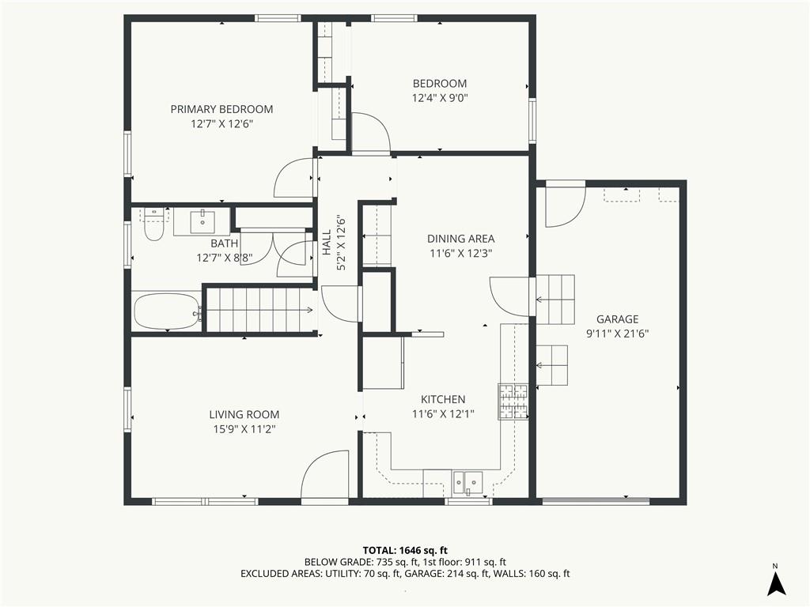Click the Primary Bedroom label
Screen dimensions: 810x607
point(221,109)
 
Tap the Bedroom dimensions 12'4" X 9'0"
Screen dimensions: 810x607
point(440,98)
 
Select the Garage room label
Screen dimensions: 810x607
point(617,319)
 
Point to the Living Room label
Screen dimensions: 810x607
point(244,414)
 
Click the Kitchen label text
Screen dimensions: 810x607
point(443,399)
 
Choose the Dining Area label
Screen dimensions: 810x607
point(461,239)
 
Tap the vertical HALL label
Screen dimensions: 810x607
point(327,242)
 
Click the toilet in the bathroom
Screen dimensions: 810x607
point(153,224)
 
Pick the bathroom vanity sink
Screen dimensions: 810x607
point(202,222)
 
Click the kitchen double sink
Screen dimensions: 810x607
point(467,483)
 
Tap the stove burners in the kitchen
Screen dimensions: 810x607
point(513,401)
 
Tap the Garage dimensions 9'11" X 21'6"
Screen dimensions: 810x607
point(617,334)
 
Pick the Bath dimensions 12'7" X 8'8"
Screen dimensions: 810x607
point(224,258)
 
